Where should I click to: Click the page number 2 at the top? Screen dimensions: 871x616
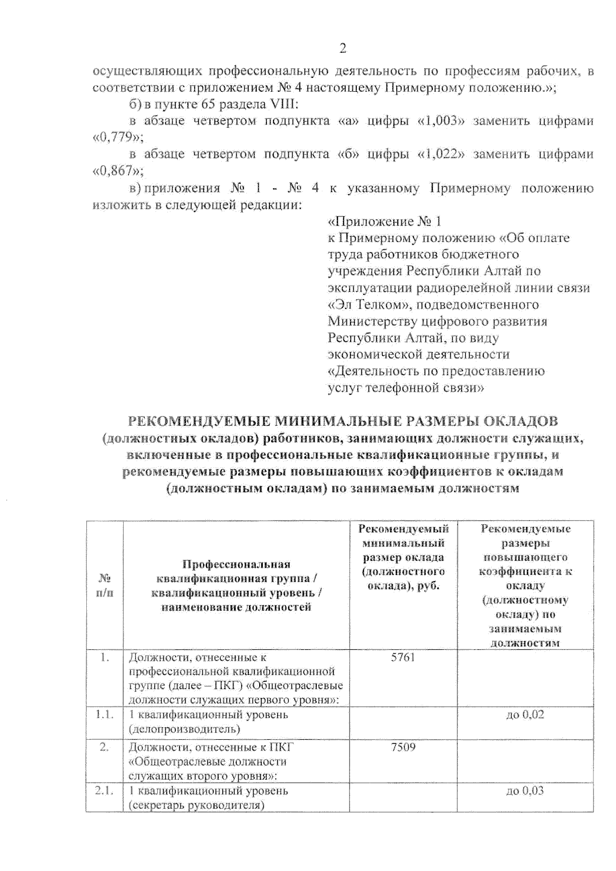(x=343, y=49)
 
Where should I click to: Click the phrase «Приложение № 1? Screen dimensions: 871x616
(x=385, y=222)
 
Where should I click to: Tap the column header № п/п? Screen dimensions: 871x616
(x=105, y=585)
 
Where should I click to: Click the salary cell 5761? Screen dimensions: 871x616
(x=403, y=658)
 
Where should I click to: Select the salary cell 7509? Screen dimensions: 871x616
(x=403, y=747)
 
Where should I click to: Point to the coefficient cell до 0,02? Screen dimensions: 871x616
(x=525, y=715)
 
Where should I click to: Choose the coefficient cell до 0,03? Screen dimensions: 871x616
(x=525, y=791)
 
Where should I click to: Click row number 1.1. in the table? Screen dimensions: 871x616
(x=105, y=715)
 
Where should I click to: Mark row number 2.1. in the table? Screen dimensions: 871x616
(x=105, y=791)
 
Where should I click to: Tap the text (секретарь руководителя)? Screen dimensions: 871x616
(x=197, y=805)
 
